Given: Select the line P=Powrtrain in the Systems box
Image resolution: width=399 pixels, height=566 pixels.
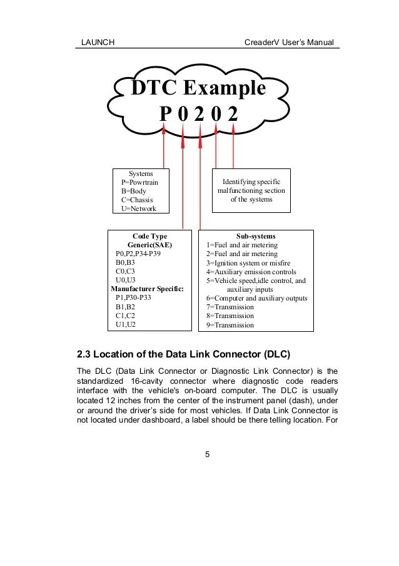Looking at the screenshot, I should pos(144,182).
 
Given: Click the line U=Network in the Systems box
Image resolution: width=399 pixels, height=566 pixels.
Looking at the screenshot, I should pos(139,208).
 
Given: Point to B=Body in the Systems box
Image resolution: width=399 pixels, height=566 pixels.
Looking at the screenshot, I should pos(134,190).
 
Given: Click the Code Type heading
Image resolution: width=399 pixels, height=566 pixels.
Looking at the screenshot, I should pos(150,236).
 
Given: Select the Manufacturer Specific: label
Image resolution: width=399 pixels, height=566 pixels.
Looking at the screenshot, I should pos(150,289).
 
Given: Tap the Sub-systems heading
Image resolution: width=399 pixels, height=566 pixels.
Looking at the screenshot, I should pos(256,236).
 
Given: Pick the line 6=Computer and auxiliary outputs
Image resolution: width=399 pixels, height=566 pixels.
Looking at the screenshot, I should pos(256,298).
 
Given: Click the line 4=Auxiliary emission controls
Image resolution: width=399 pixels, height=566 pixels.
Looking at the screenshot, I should pos(251,272).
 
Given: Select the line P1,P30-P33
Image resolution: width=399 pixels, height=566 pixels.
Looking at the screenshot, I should pos(133,298).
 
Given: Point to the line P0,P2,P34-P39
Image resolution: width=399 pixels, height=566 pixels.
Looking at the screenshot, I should pos(143,254).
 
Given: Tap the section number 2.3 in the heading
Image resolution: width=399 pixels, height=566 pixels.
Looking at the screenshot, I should pos(86,354).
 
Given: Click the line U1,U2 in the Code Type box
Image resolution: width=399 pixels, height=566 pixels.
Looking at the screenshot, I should pos(126,324).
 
